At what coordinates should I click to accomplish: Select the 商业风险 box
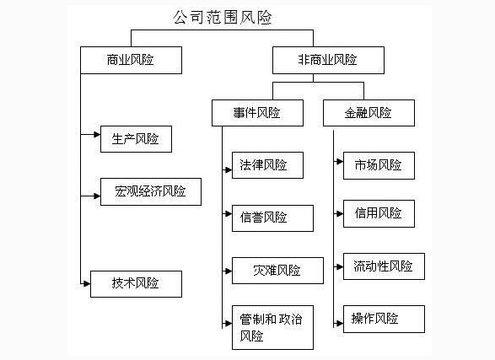coord(131,60)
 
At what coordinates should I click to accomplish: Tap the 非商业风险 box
coord(328,60)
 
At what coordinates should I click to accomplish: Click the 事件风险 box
coord(257,113)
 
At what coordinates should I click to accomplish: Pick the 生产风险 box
coord(136,138)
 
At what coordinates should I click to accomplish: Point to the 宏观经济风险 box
coord(151,191)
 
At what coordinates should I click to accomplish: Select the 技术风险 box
coord(136,283)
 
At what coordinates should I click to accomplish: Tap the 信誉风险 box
coord(272,218)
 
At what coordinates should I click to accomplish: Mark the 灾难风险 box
coord(277,271)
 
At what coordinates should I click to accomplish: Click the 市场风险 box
coord(379,165)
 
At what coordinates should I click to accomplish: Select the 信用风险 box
coord(379,213)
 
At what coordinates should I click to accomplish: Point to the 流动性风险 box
coord(384,266)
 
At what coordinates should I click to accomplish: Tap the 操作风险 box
coord(384,319)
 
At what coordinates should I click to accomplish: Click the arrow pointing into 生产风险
coord(91,133)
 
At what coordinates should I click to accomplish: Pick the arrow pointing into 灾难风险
coord(227,271)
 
